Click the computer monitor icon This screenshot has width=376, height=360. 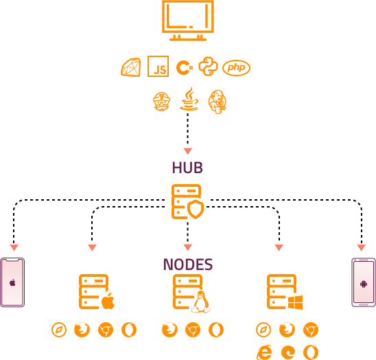click(187, 20)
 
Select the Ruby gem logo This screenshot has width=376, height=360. click(130, 67)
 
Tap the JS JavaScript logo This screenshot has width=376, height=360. click(158, 67)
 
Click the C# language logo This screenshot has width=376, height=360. click(183, 67)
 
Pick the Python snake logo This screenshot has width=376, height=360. click(208, 67)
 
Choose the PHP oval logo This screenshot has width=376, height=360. click(236, 67)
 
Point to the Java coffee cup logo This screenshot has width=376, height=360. click(189, 100)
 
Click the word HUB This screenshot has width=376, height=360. click(187, 168)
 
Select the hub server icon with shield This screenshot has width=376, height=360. click(187, 201)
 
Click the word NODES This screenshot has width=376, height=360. click(187, 265)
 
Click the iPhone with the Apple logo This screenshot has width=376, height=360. click(12, 282)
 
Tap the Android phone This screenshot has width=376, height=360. click(363, 282)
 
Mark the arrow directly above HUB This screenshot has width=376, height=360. click(187, 151)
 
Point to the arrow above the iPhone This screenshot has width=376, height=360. click(14, 247)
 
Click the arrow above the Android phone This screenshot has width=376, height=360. click(361, 247)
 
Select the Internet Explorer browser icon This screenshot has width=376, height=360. click(263, 352)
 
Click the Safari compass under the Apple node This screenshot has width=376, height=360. click(59, 330)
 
